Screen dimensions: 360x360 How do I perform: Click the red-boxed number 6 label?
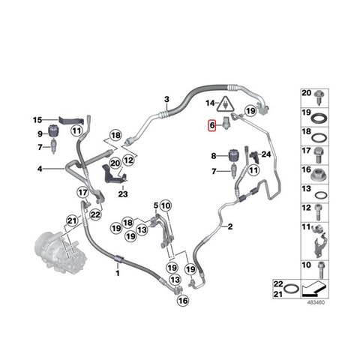[x=212, y=124]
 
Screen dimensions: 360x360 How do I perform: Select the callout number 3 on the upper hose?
[x=166, y=99]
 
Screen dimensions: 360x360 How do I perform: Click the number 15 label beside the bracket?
[x=37, y=120]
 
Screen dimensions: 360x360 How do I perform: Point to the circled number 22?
[x=95, y=214]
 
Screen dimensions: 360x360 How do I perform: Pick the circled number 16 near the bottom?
[x=183, y=300]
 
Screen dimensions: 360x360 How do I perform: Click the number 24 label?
[x=266, y=154]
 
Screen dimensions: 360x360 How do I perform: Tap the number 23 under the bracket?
[x=123, y=194]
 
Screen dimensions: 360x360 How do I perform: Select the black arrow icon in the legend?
[x=313, y=289]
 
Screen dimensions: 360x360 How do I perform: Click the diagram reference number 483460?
[x=316, y=302]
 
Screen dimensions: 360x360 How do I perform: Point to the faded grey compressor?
[x=61, y=253]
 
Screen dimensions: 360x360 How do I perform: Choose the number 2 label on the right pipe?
[x=230, y=226]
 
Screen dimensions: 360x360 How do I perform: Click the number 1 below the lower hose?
[x=118, y=273]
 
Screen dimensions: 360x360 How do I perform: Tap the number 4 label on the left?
[x=40, y=169]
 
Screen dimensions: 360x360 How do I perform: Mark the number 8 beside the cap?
[x=214, y=156]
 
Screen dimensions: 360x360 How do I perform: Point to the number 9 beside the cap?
[x=40, y=134]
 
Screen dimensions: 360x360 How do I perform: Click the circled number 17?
[x=82, y=193]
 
